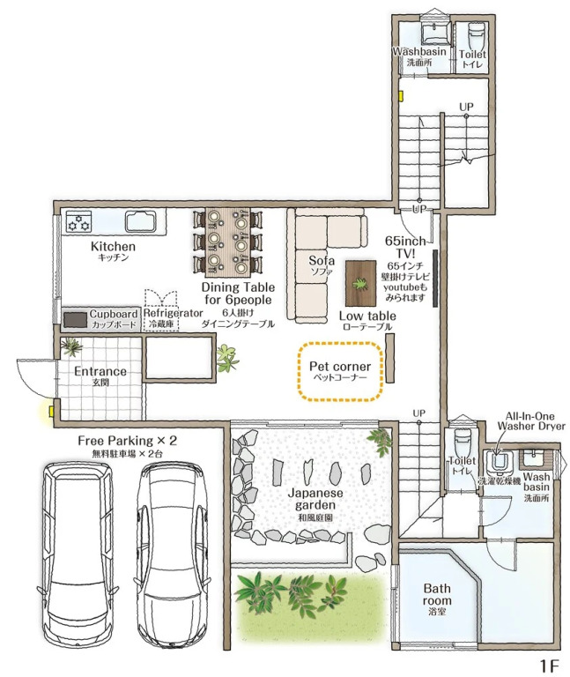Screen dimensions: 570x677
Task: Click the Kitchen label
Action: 113,247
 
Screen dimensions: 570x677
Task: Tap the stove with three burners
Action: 78,221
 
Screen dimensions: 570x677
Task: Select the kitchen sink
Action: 140,221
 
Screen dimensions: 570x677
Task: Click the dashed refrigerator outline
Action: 160,310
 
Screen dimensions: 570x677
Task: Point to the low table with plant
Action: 360,283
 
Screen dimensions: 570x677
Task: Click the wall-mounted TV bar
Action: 435,278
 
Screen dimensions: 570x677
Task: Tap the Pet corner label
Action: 340,367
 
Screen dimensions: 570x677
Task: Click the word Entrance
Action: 100,371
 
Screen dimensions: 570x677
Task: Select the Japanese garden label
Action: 315,499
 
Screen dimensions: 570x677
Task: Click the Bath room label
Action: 437,594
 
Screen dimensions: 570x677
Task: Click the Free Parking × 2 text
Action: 127,441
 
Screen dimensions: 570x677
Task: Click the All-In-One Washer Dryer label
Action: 530,421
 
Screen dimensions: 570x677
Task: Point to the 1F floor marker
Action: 549,666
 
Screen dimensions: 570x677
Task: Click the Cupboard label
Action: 114,314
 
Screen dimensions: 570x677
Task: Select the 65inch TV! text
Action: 405,247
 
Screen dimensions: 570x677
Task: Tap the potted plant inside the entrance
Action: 71,346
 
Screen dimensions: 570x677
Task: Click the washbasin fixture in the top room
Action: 435,33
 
